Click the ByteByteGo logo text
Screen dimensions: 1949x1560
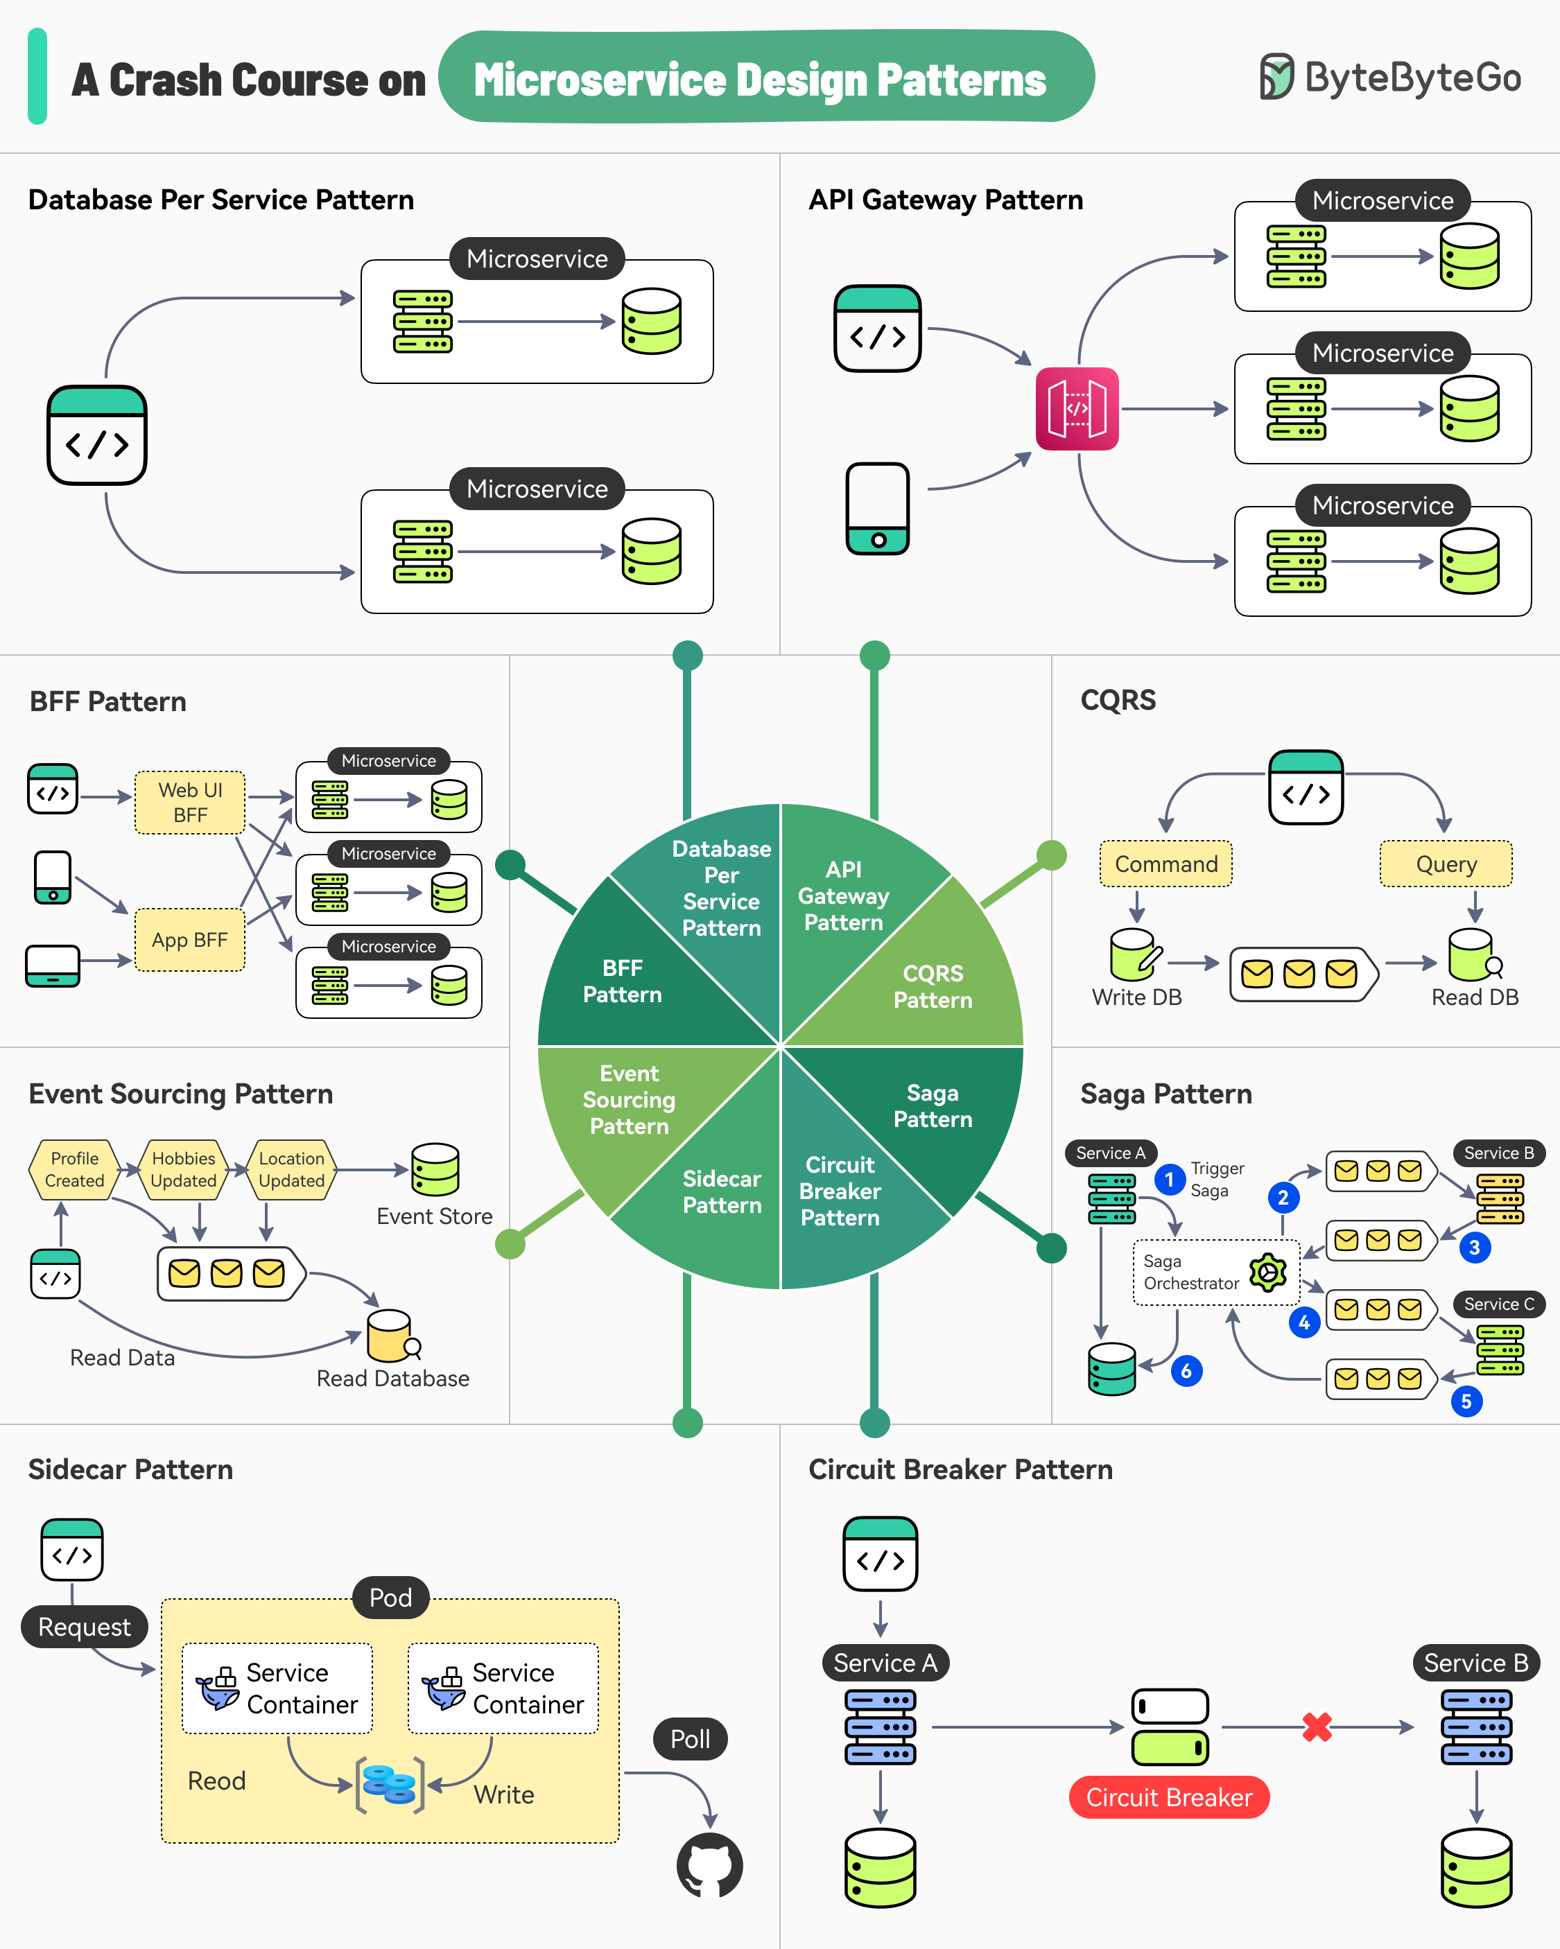pyautogui.click(x=1412, y=78)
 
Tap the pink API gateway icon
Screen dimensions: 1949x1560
pyautogui.click(x=1076, y=409)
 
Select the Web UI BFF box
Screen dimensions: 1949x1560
pyautogui.click(x=190, y=802)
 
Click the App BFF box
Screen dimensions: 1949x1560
pyautogui.click(x=190, y=940)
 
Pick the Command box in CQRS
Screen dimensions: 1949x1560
pyautogui.click(x=1165, y=864)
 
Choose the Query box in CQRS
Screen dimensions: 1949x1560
pyautogui.click(x=1445, y=864)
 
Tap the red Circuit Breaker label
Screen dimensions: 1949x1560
pyautogui.click(x=1168, y=1797)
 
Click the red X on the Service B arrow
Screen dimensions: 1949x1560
pyautogui.click(x=1317, y=1727)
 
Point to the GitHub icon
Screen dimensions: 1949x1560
pyautogui.click(x=710, y=1865)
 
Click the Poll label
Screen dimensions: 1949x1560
pyautogui.click(x=690, y=1739)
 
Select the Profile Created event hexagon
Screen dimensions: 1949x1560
pyautogui.click(x=75, y=1170)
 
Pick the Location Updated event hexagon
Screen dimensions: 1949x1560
pyautogui.click(x=291, y=1170)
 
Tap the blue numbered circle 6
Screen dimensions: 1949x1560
pyautogui.click(x=1186, y=1372)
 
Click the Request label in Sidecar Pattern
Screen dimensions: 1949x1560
pyautogui.click(x=84, y=1627)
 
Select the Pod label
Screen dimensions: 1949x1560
pyautogui.click(x=390, y=1598)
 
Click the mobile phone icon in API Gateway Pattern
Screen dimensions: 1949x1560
pyautogui.click(x=877, y=508)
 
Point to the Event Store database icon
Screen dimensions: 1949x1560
pyautogui.click(x=435, y=1170)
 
